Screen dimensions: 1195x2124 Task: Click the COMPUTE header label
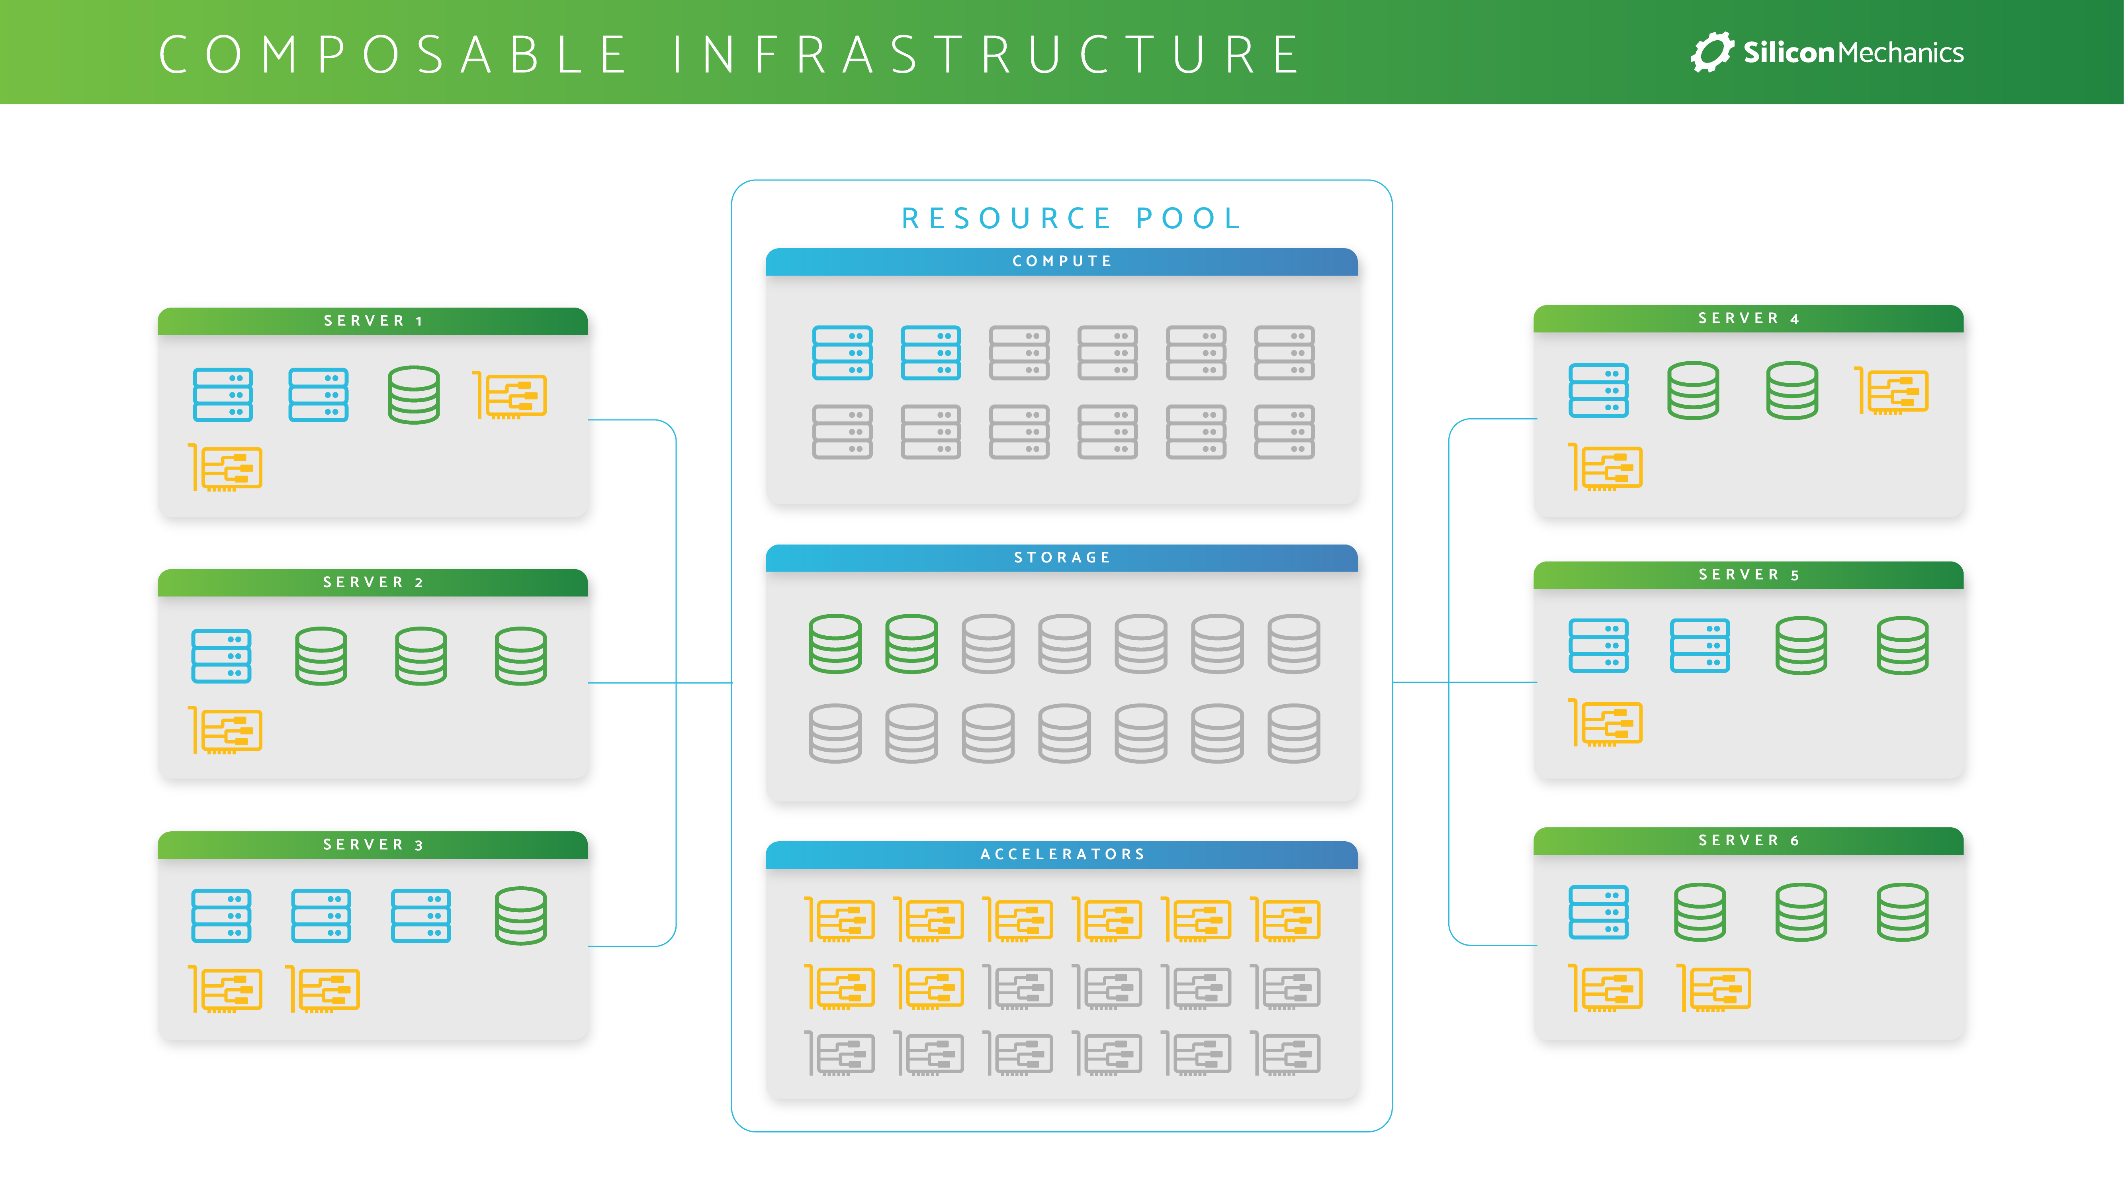coord(1062,261)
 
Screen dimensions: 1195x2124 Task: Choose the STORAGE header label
coord(1062,558)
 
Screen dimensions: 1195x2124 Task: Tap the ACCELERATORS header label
coord(1062,854)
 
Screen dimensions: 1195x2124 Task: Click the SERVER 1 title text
coord(373,321)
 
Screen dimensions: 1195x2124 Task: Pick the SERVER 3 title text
coord(373,844)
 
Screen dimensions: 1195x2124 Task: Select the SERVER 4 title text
coord(1748,318)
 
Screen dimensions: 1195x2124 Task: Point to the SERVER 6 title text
coord(1748,840)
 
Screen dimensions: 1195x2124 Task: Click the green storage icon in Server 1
coord(414,395)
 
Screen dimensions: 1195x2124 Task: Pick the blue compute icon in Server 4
coord(1598,391)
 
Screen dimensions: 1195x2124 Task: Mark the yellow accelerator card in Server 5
coord(1606,723)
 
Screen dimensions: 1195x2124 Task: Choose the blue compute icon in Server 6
coord(1598,912)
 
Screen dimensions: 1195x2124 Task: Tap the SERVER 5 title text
coord(1748,575)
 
